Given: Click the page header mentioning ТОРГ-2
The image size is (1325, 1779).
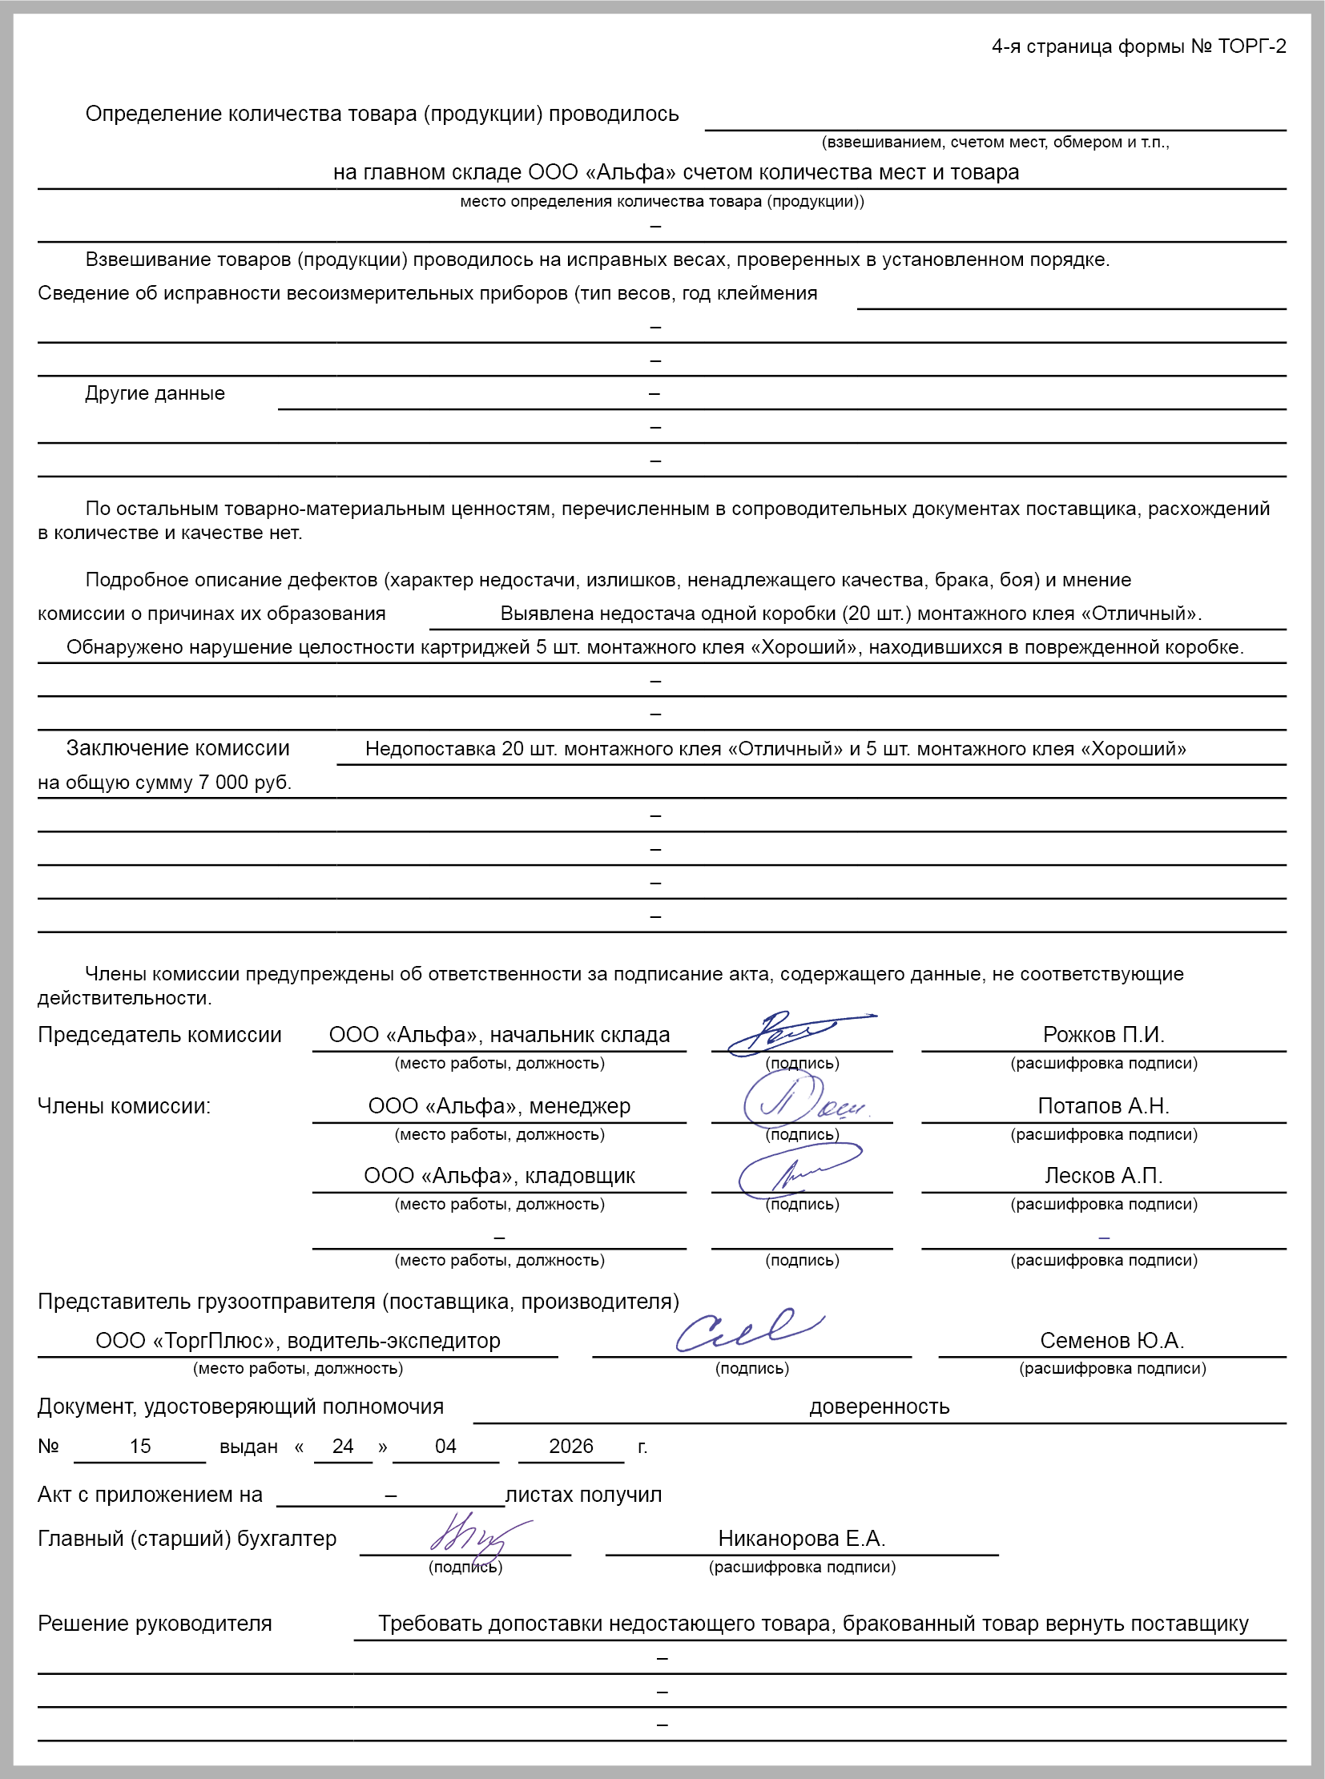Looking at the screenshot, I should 1138,46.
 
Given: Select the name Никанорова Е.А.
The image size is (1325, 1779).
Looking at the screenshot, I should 801,1539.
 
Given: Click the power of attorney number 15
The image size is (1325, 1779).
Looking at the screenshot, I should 140,1446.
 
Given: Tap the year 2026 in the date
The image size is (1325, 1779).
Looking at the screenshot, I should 571,1446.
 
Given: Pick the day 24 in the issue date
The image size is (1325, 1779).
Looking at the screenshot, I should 344,1446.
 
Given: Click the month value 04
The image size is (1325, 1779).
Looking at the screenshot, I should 445,1446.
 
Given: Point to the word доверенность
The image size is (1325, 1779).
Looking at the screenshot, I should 879,1407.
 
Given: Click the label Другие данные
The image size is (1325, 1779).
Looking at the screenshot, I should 155,394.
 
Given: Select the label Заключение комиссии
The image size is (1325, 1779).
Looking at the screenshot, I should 177,748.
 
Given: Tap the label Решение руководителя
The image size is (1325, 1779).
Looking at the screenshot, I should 155,1624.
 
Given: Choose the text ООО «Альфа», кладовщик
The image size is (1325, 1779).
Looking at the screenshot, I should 499,1176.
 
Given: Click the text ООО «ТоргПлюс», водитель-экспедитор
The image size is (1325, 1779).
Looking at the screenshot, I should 297,1340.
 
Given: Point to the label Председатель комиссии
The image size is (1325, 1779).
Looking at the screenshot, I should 159,1035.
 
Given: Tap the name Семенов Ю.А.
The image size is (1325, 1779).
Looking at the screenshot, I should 1112,1340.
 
